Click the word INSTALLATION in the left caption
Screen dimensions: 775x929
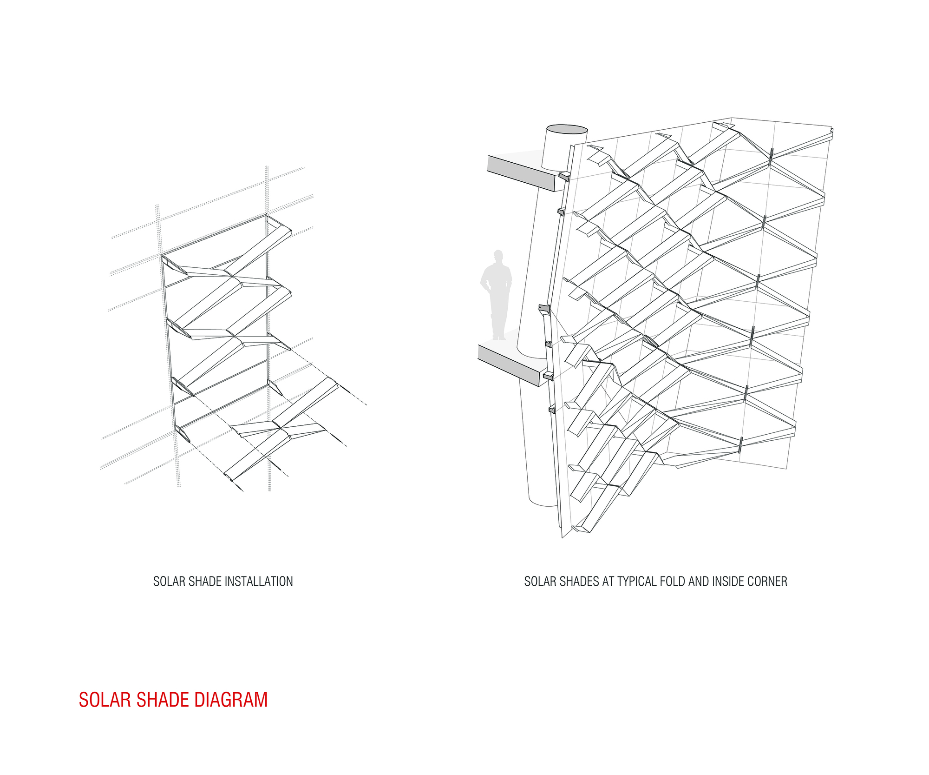(x=258, y=582)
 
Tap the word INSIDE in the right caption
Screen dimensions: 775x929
(x=729, y=582)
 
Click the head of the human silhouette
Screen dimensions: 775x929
(x=498, y=256)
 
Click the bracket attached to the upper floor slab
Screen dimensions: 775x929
(x=564, y=177)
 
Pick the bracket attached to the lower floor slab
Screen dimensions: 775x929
(x=548, y=376)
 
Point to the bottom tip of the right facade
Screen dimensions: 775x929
(x=562, y=537)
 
